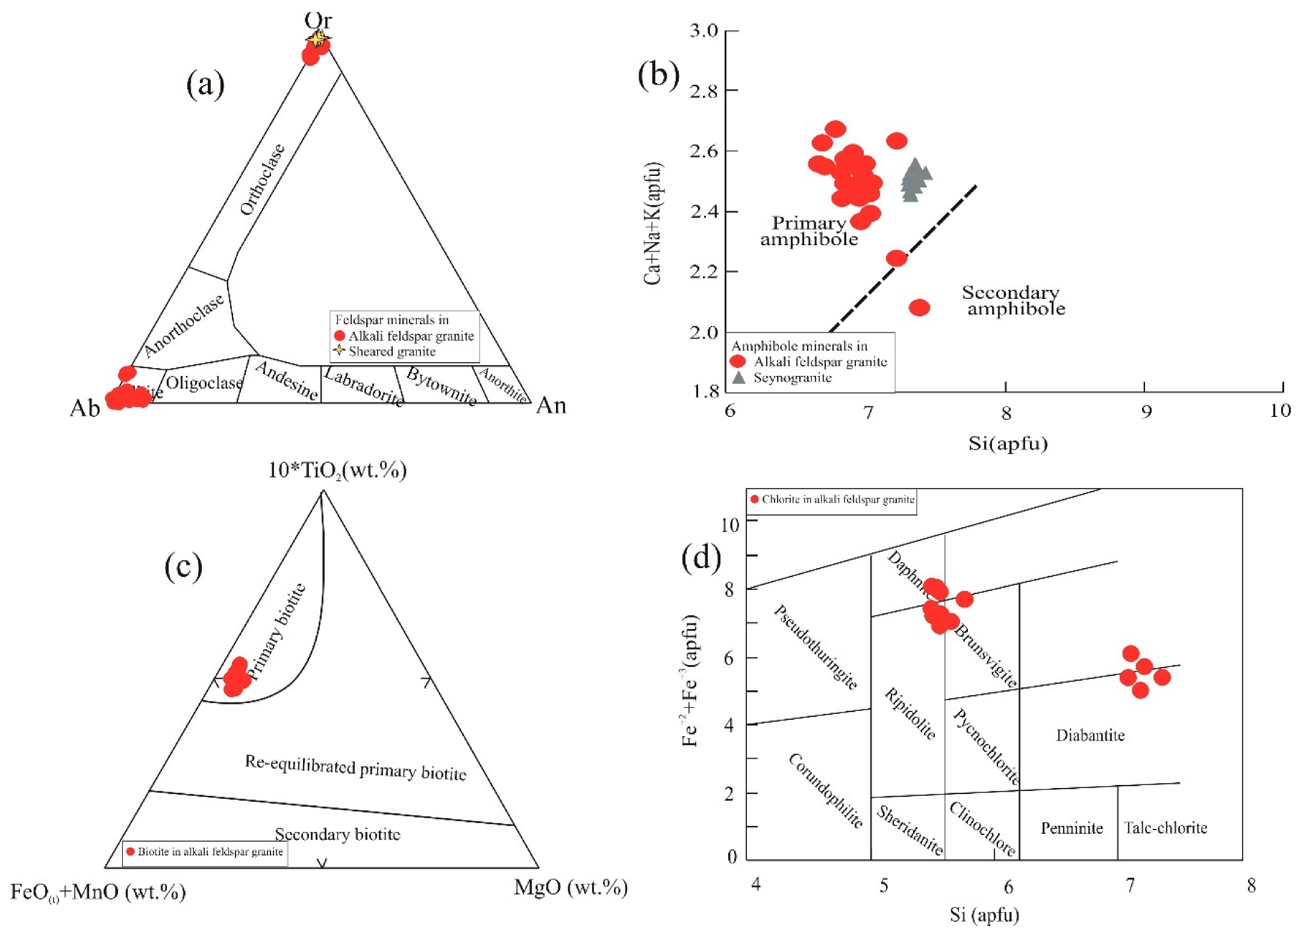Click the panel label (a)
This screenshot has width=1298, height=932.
coord(205,84)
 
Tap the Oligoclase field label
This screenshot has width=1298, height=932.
coord(205,383)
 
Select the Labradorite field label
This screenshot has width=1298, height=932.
coord(363,386)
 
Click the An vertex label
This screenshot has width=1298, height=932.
coord(551,405)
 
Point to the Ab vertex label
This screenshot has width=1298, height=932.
coord(84,408)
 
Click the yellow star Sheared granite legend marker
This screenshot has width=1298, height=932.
coord(340,351)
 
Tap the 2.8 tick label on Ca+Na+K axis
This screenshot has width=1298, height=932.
coord(704,91)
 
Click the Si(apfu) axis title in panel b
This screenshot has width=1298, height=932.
coord(1008,443)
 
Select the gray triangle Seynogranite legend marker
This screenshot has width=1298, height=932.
coord(738,378)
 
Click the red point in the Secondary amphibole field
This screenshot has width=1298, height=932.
coord(919,308)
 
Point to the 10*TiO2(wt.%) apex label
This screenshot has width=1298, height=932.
coord(337,470)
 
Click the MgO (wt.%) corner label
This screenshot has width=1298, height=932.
coord(570,887)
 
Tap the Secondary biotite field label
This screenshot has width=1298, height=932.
coord(337,834)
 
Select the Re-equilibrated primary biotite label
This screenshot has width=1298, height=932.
coord(355,768)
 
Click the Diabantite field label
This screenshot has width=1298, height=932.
coord(1090,735)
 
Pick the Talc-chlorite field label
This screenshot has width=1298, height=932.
coord(1165,828)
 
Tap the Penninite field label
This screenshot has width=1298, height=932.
coord(1072,828)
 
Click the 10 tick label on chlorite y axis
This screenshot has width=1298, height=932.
coord(729,525)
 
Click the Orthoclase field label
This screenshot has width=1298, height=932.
coord(262,179)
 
